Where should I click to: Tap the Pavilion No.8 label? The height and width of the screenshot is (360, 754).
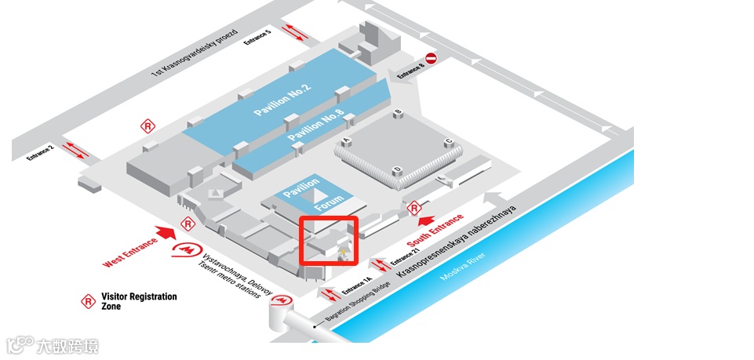(x=316, y=127)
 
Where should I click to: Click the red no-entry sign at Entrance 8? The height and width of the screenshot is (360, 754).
(x=431, y=58)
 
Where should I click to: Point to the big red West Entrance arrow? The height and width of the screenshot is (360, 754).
(x=166, y=233)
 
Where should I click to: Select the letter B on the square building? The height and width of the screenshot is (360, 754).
(x=398, y=113)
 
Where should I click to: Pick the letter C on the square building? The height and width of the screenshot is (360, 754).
(x=448, y=141)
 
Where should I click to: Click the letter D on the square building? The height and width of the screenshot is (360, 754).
(x=398, y=169)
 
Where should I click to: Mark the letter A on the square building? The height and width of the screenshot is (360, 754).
(x=345, y=140)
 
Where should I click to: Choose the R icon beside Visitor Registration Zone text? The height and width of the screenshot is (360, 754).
(x=89, y=300)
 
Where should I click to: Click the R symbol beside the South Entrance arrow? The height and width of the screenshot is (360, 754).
(x=414, y=209)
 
